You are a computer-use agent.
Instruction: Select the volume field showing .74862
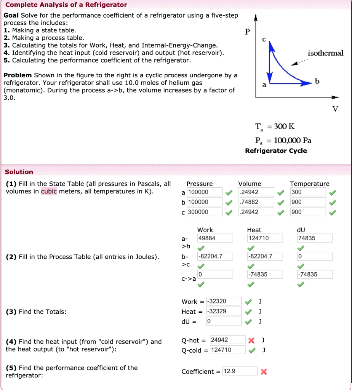256,202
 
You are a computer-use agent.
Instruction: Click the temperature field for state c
308,212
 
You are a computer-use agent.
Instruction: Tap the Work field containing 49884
215,238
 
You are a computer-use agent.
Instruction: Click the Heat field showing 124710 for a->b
265,238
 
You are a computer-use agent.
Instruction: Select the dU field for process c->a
315,275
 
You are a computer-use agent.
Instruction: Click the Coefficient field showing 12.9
240,371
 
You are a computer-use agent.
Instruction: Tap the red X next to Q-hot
251,340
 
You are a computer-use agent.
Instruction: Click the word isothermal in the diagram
325,53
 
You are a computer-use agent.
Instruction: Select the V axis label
335,109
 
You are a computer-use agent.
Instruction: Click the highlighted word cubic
49,191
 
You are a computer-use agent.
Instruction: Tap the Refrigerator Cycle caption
276,151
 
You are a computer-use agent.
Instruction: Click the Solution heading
19,172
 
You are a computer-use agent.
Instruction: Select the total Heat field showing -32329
224,312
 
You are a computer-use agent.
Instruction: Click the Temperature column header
310,184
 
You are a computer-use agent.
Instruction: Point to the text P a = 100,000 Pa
283,140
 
